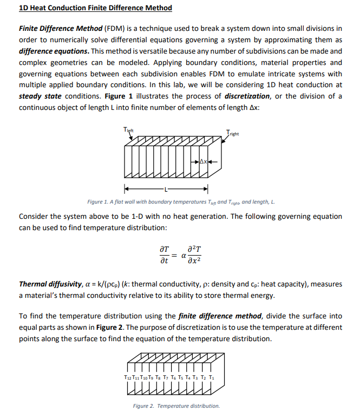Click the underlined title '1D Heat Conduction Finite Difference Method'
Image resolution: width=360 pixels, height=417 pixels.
tap(95, 8)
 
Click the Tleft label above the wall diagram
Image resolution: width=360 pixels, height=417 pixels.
tap(129, 129)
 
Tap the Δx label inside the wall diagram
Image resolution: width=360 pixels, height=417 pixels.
tap(203, 161)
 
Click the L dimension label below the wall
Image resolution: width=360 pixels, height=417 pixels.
tap(166, 189)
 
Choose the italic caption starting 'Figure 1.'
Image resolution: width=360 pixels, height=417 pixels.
tap(181, 202)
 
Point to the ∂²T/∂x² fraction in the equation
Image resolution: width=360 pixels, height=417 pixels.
tap(195, 254)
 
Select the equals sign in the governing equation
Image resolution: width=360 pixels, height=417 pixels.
tap(175, 254)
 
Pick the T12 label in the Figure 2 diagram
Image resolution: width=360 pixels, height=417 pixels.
tap(127, 377)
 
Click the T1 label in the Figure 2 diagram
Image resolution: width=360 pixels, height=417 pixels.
tap(220, 377)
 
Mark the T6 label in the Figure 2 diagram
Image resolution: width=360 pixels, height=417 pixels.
tap(178, 377)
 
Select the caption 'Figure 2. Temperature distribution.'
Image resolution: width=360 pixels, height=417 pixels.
tap(176, 406)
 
